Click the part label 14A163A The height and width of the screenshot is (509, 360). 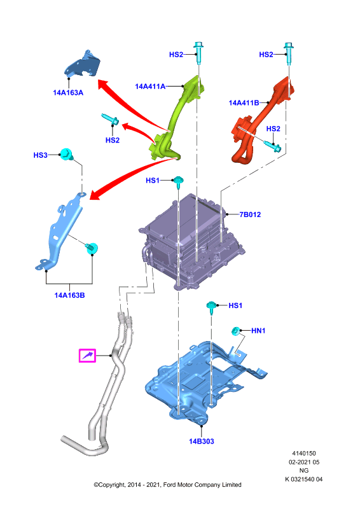[68, 93]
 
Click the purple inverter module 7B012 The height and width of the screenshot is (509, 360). [191, 242]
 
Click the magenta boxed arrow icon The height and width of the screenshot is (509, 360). [87, 356]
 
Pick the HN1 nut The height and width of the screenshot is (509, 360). [236, 331]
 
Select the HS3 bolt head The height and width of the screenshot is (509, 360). [67, 154]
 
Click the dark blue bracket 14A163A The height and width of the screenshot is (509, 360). [83, 64]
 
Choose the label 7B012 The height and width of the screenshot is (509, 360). [250, 214]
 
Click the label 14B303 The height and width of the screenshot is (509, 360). [202, 442]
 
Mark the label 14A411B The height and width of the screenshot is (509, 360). [244, 103]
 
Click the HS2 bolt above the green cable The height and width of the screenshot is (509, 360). [198, 53]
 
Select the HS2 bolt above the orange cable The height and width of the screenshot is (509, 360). [289, 53]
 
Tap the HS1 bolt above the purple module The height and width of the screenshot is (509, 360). [179, 182]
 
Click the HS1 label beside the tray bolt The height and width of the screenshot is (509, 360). [235, 305]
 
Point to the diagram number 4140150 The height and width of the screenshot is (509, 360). [304, 454]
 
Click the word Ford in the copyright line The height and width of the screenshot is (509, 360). [170, 485]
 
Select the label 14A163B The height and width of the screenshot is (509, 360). [69, 295]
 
